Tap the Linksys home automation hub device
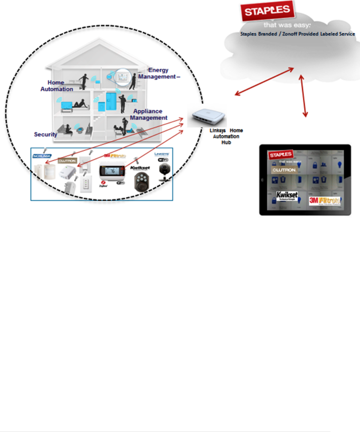(207, 116)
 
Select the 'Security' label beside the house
(45, 134)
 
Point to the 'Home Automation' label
(57, 86)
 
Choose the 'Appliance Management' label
(149, 115)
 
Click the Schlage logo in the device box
(42, 156)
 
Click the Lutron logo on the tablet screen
(284, 170)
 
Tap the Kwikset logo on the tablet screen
(287, 196)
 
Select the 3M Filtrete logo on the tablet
(325, 201)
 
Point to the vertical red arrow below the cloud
(303, 96)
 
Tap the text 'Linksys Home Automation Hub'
(226, 136)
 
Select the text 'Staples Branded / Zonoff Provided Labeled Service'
(297, 34)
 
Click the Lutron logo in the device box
(67, 161)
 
